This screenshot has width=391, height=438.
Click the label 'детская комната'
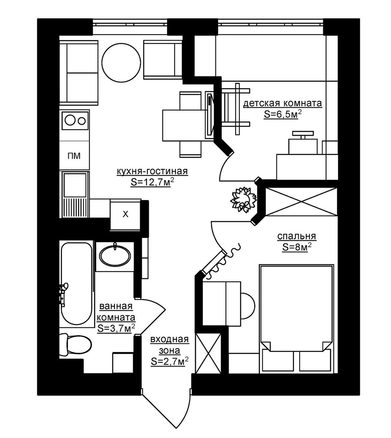283,103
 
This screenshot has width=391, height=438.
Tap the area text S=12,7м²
152,182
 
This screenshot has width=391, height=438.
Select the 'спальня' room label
297,236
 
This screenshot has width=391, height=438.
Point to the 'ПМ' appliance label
74,155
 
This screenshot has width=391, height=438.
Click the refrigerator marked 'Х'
125,214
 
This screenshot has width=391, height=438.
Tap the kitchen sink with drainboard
75,194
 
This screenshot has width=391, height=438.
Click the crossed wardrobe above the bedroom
301,201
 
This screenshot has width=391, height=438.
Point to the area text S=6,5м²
283,115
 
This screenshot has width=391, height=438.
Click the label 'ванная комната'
116,312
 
